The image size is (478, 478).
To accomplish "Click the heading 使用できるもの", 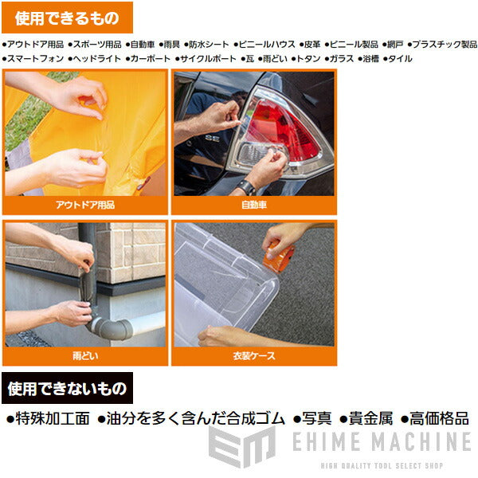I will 68,18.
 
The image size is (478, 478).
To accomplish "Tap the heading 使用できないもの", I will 67,390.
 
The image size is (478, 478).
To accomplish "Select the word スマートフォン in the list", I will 34,59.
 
